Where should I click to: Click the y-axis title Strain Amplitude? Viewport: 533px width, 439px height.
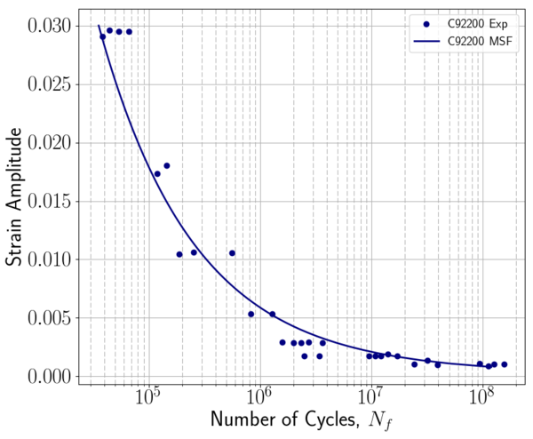tap(15, 197)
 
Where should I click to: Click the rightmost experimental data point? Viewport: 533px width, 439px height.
tap(505, 364)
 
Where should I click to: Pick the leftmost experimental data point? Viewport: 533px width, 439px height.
tap(103, 36)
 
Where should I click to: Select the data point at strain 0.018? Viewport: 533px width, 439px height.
tap(166, 165)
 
